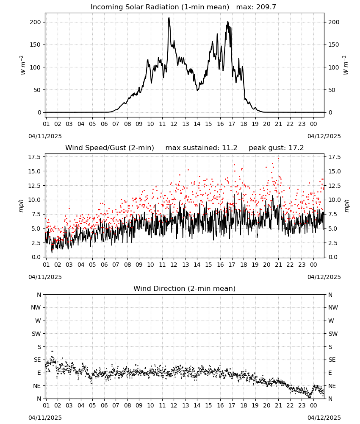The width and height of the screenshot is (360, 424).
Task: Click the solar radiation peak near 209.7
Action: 169,18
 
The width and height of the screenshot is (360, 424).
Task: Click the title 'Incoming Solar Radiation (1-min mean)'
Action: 160,7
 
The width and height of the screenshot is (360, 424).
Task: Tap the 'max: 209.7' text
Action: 256,7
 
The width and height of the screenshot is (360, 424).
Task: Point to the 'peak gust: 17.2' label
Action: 276,148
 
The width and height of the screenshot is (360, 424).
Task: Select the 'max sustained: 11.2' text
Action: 202,148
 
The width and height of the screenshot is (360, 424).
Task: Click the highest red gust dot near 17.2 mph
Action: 278,159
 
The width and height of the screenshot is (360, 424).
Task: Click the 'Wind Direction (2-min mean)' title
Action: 185,288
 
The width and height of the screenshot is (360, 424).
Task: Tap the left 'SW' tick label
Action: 36,334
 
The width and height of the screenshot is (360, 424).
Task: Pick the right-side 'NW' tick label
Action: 333,307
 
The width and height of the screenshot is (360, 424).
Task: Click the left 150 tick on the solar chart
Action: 36,45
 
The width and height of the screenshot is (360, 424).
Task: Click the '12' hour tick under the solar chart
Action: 174,124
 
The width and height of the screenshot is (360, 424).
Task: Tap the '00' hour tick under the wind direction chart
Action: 313,405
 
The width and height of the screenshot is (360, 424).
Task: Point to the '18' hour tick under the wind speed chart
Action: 244,265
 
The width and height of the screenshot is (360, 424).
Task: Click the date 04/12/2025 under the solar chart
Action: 324,136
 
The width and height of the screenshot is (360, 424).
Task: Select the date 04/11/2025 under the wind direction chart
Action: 45,418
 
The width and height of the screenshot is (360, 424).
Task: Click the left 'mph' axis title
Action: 21,206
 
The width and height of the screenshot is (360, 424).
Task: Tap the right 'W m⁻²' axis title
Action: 346,65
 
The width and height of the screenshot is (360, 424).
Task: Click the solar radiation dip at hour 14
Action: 197,90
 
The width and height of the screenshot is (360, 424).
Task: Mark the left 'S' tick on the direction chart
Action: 39,347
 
